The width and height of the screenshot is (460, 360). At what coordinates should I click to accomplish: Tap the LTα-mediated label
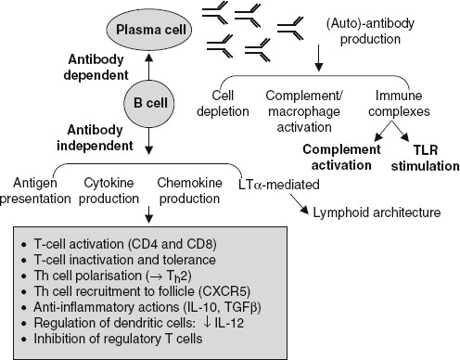point(278,180)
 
